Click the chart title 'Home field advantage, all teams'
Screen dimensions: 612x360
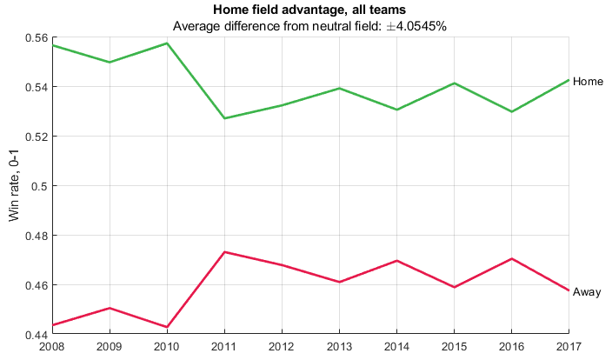click(x=309, y=10)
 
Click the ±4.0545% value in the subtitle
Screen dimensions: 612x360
click(x=416, y=26)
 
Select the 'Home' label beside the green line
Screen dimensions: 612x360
click(x=588, y=81)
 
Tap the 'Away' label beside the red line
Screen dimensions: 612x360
click(x=587, y=292)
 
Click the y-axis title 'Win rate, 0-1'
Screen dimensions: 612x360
click(x=14, y=185)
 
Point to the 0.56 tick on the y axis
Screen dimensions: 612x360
click(x=37, y=38)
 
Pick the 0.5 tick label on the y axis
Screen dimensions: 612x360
click(x=39, y=186)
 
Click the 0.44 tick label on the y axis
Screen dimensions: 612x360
click(x=37, y=335)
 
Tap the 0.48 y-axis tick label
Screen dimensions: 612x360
click(x=37, y=236)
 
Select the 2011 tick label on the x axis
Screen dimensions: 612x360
click(x=224, y=346)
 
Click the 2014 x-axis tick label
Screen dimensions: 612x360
click(x=396, y=346)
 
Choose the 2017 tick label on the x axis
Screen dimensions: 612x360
click(x=569, y=346)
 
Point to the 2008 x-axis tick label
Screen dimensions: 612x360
click(x=52, y=346)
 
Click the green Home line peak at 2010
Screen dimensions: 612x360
click(x=167, y=43)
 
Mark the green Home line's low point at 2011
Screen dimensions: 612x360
click(x=224, y=118)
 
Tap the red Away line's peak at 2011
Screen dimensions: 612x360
click(x=224, y=252)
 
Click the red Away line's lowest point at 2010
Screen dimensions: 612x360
click(x=167, y=327)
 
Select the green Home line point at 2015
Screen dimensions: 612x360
click(x=455, y=83)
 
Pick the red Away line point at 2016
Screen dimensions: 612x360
click(x=512, y=258)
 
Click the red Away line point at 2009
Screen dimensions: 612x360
click(x=110, y=308)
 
